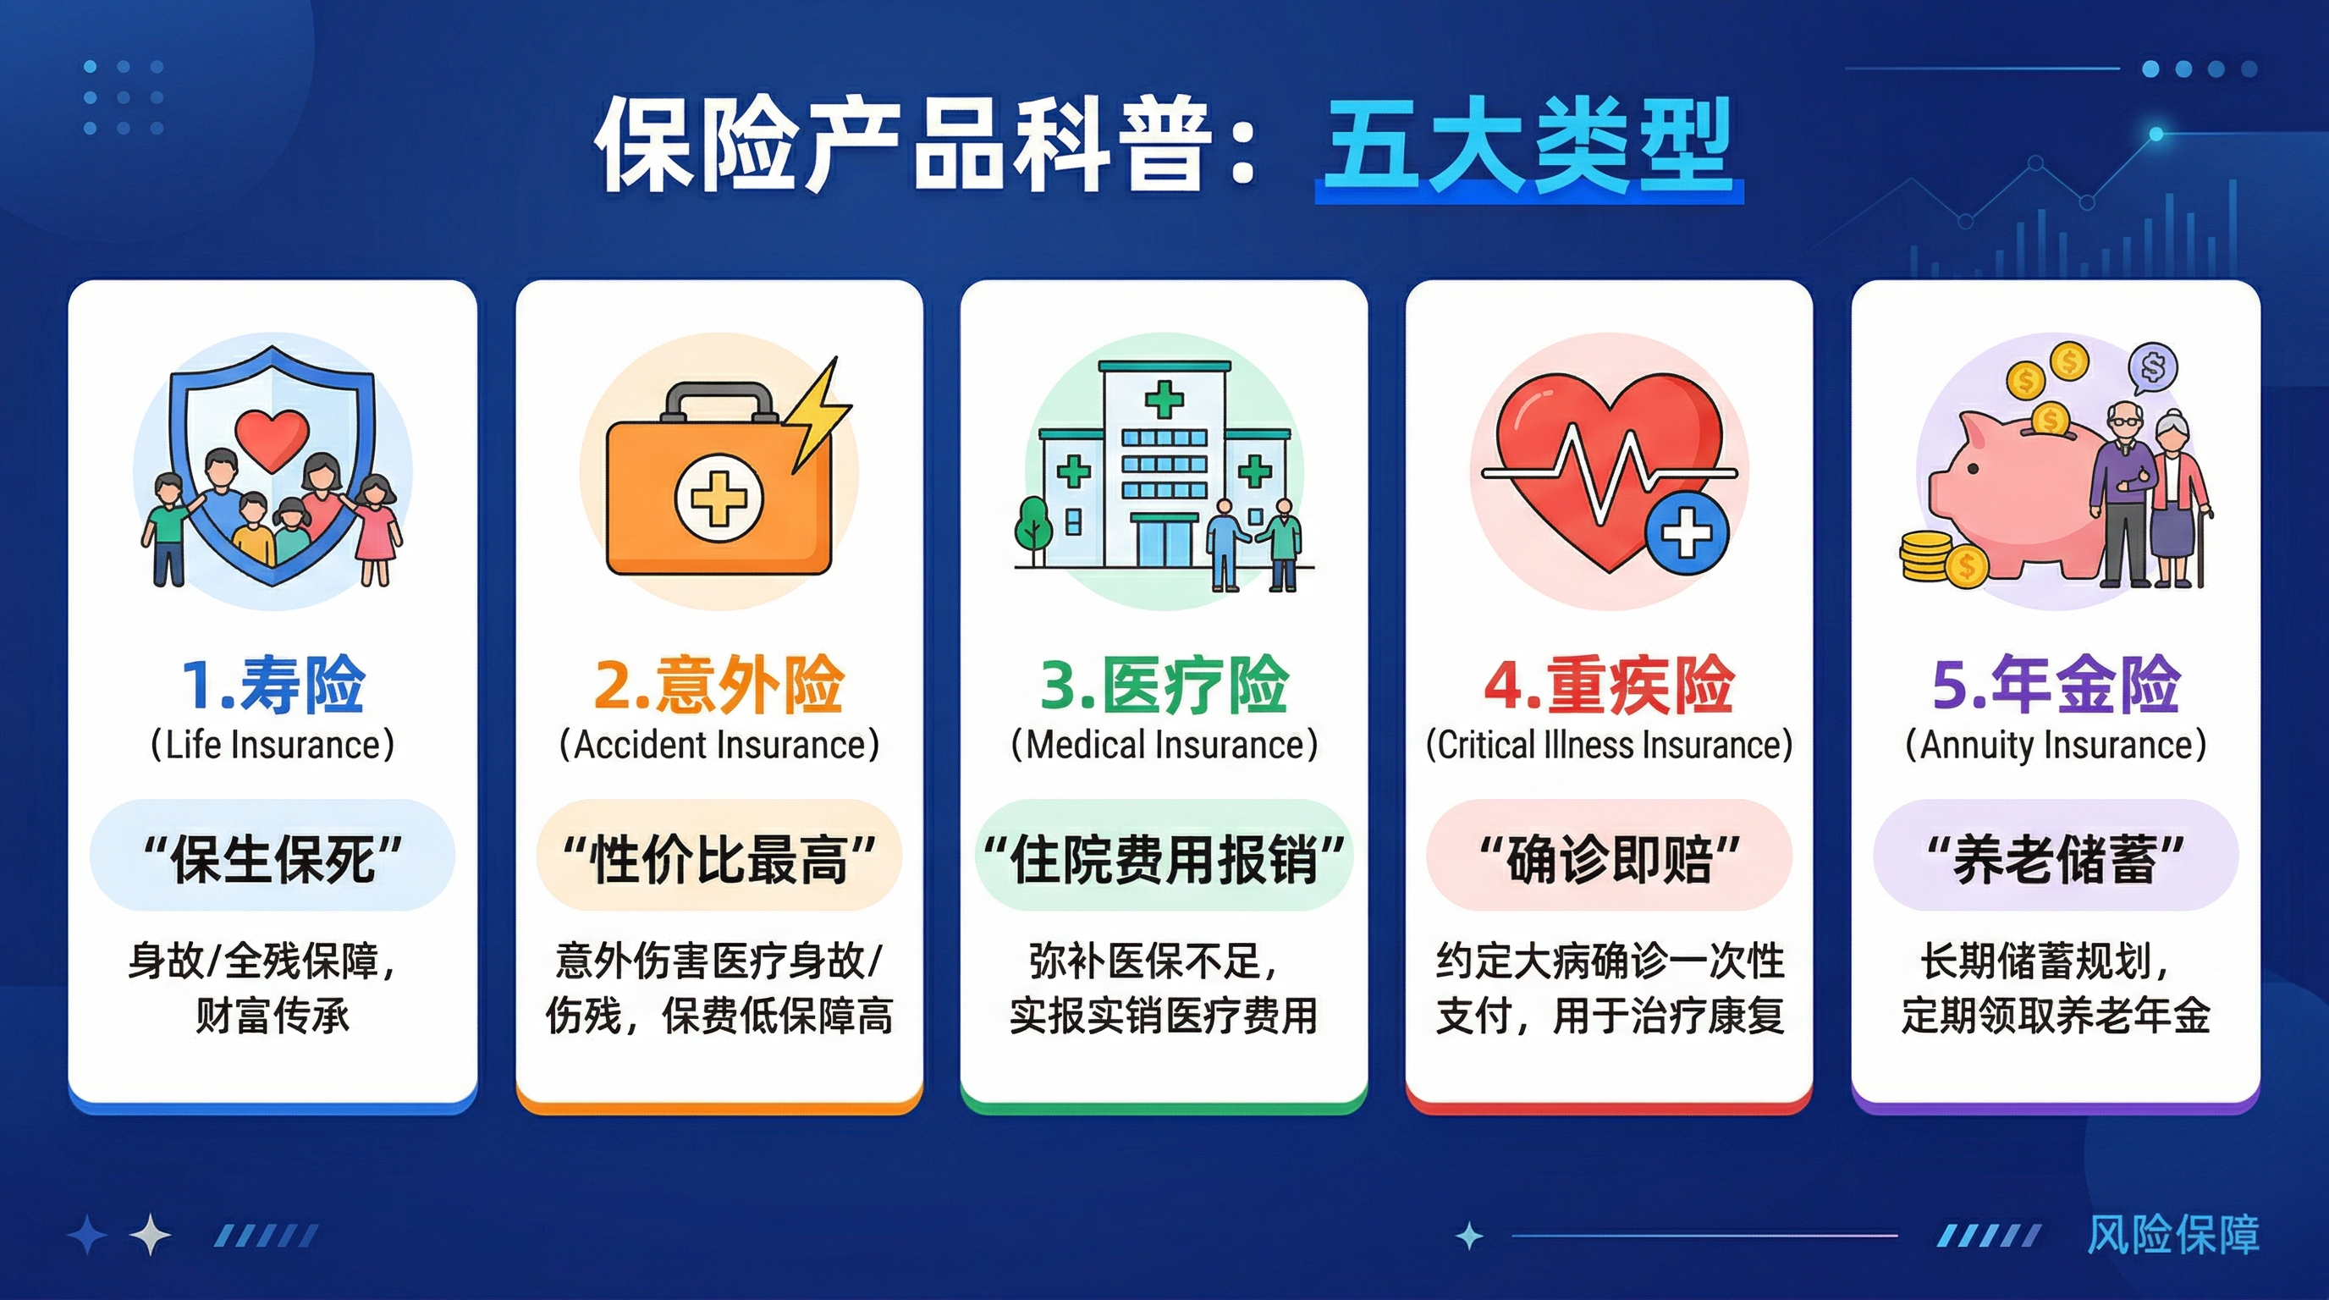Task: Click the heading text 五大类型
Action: pos(1528,146)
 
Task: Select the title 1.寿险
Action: pos(273,685)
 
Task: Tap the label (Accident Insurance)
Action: pos(719,745)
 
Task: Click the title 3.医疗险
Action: pos(1164,685)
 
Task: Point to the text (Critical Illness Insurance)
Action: pos(1610,745)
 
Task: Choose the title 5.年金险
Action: pos(2056,685)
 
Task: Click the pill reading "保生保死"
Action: pos(273,855)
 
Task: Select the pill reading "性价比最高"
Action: pos(719,855)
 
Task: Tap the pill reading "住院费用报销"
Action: pos(1164,855)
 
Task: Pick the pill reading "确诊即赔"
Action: pos(1610,855)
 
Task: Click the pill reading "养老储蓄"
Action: pos(2056,855)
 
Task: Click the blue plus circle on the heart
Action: pos(1687,533)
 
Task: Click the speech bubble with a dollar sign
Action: pos(2153,369)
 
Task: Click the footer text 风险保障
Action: pos(2172,1235)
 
